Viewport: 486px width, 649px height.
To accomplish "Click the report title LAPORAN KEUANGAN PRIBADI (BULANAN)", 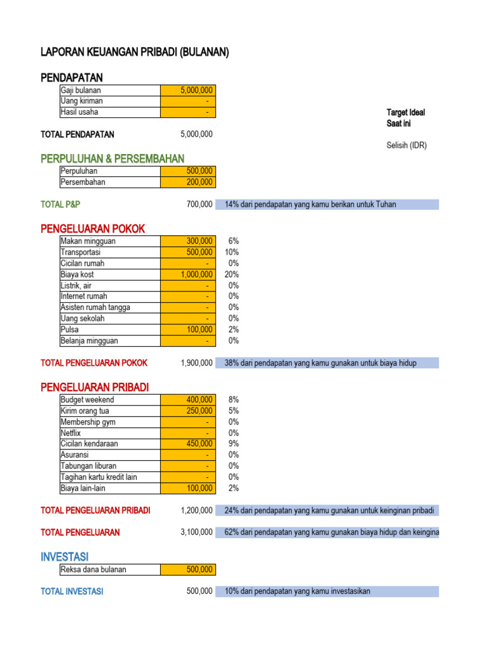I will [134, 53].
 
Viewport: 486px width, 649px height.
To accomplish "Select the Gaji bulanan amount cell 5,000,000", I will [188, 91].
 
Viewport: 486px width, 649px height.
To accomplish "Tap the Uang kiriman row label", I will [82, 101].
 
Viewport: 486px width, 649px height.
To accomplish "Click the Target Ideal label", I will [406, 113].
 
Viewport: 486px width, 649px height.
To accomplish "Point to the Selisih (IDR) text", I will [407, 146].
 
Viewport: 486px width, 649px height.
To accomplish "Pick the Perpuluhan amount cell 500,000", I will [188, 171].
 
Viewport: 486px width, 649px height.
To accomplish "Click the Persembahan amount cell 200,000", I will [188, 183].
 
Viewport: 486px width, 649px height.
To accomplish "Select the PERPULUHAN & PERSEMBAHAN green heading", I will [112, 158].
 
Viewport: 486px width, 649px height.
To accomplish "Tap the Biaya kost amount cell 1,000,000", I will [188, 274].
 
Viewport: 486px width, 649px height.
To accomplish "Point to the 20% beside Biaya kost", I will [232, 274].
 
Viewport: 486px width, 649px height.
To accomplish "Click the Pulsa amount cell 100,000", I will [188, 330].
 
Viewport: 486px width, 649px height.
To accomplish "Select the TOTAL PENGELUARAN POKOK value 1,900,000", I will [196, 363].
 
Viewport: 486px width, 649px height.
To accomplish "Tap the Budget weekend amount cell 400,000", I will [188, 400].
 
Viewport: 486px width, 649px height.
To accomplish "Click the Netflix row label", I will [72, 433].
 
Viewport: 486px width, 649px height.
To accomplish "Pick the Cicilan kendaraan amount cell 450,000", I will [188, 444].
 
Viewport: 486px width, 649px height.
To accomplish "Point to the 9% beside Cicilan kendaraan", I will [234, 444].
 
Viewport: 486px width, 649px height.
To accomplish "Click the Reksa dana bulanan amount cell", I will [188, 569].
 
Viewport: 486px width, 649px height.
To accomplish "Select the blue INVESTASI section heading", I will [64, 556].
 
